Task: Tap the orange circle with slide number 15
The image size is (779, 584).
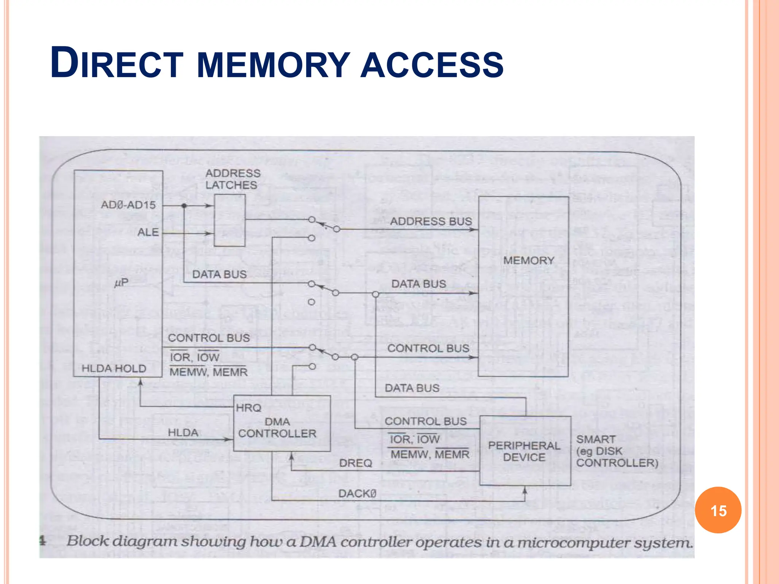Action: point(718,510)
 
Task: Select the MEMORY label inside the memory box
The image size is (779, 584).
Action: point(528,260)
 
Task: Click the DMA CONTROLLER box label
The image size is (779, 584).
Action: point(277,428)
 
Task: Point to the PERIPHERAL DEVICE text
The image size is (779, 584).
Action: point(524,451)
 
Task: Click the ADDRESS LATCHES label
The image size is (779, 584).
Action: point(232,179)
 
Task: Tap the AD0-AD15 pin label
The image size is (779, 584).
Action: point(128,205)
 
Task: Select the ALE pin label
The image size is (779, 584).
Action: point(148,232)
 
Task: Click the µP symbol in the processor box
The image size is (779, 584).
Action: point(121,282)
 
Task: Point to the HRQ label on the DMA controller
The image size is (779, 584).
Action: point(248,408)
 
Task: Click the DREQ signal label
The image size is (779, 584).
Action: point(355,463)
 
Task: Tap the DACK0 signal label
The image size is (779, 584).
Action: point(357,494)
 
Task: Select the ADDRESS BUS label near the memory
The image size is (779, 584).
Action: point(431,221)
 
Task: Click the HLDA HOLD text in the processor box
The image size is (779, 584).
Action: point(114,368)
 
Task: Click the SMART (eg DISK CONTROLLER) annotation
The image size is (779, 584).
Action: point(616,451)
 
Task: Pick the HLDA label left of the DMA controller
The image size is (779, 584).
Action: point(183,433)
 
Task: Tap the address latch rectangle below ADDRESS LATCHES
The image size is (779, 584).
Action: point(230,221)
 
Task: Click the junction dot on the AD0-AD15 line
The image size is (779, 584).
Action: point(184,206)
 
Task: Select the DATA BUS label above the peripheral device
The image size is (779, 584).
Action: point(412,388)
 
